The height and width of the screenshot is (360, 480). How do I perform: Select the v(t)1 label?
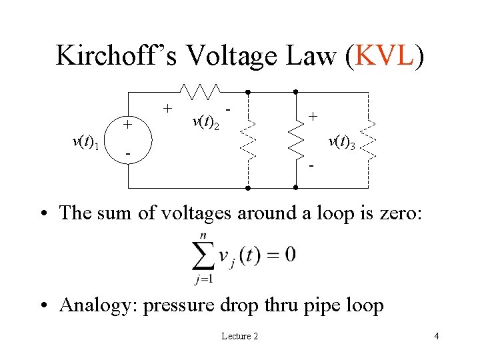(86, 142)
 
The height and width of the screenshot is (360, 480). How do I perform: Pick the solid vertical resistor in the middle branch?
(296, 140)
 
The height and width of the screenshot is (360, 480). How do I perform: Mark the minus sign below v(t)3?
(311, 164)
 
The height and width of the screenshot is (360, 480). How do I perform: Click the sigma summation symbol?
(204, 255)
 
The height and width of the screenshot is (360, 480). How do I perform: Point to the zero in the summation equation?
(290, 255)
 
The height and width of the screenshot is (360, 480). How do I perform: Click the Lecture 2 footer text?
(239, 336)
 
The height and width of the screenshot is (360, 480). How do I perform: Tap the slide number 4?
(436, 336)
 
